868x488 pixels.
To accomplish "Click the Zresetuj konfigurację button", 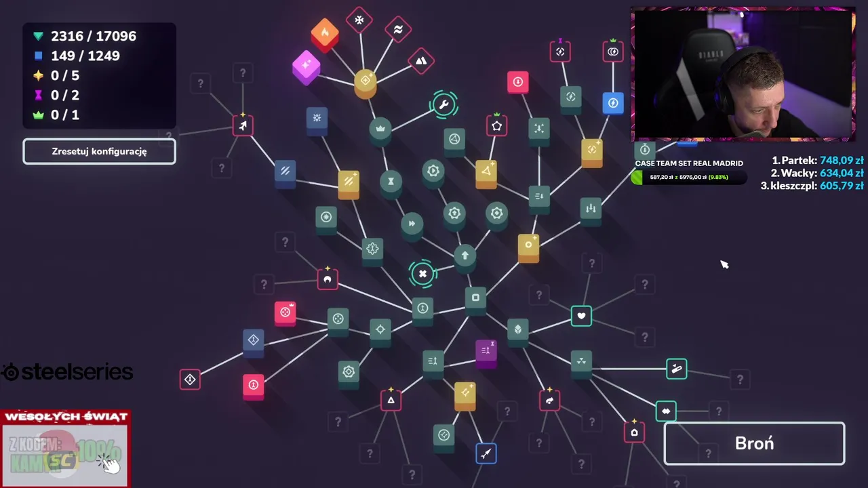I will [x=99, y=151].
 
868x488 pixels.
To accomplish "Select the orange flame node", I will [x=325, y=33].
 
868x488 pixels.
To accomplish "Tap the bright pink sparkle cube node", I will [x=306, y=66].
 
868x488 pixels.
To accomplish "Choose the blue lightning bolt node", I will [x=613, y=104].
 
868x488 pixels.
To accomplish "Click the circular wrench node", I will [x=443, y=105].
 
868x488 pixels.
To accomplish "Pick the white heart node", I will [x=581, y=316].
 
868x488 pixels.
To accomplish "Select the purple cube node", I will [x=486, y=352].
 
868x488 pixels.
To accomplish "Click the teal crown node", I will [x=380, y=129].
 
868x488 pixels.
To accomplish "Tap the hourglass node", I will [x=391, y=182].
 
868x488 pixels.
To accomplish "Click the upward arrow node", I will [x=465, y=256].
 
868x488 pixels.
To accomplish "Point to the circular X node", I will [x=422, y=274].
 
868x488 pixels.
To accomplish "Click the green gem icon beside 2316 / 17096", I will [x=38, y=36].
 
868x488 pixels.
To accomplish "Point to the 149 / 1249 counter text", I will [x=85, y=56].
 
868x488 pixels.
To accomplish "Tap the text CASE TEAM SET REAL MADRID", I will [x=689, y=163].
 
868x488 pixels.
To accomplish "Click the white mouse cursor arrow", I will [x=724, y=264].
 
